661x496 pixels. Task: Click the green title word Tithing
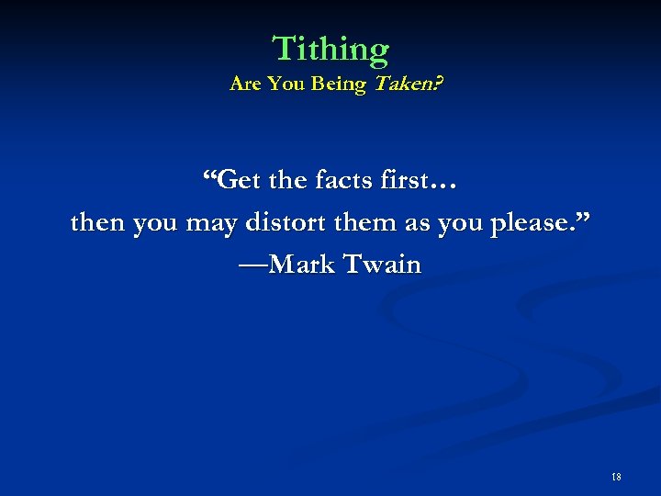tap(330, 49)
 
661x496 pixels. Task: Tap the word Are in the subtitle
tap(245, 85)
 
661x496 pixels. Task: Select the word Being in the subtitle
tap(339, 85)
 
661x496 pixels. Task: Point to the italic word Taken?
tap(404, 85)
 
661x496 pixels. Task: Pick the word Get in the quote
tap(241, 179)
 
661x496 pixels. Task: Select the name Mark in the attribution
tap(304, 265)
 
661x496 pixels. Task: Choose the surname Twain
tap(382, 265)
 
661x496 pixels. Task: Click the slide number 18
tap(616, 476)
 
